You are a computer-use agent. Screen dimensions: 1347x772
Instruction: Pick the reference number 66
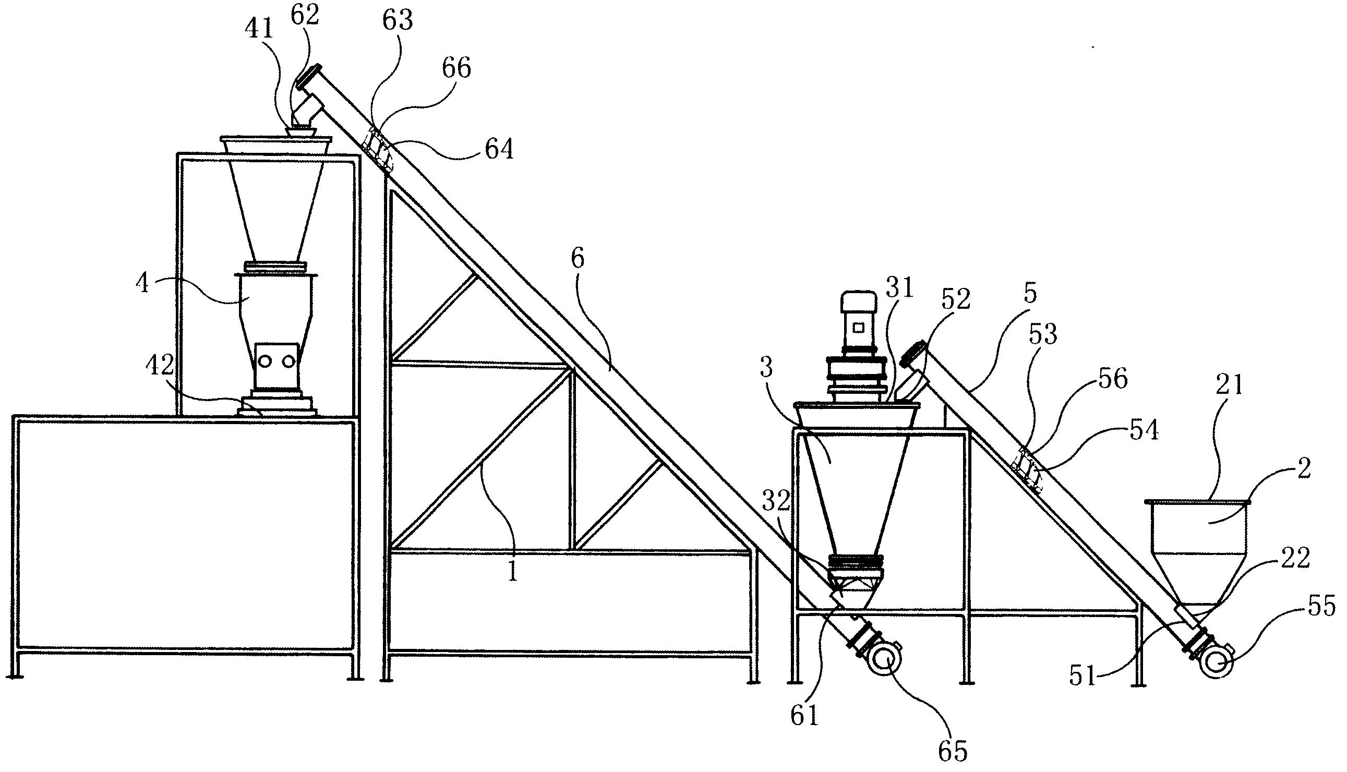click(455, 69)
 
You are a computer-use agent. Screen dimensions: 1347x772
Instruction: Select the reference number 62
click(305, 16)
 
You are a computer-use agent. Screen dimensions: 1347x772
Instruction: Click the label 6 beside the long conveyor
click(578, 259)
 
